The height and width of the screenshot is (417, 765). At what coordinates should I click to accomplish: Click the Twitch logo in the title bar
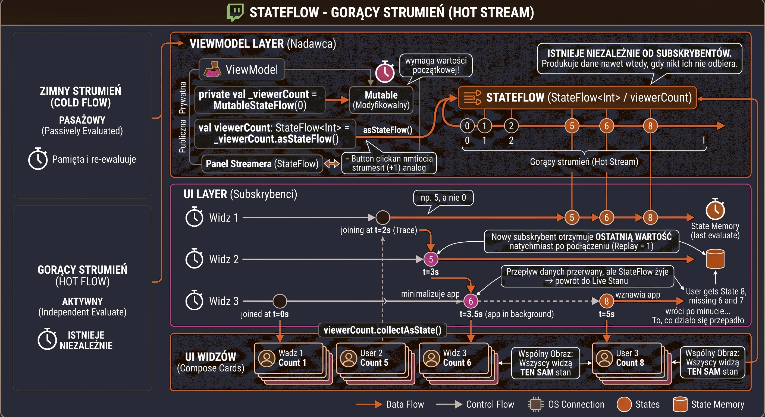[235, 12]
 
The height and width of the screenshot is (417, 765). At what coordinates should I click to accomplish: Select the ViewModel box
[242, 69]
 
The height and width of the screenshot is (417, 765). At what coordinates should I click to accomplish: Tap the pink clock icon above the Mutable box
[385, 72]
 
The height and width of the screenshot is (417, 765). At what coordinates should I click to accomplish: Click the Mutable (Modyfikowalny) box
[381, 100]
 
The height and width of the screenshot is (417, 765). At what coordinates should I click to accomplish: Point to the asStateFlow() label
[388, 130]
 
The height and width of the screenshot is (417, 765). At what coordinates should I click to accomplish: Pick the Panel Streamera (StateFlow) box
[262, 163]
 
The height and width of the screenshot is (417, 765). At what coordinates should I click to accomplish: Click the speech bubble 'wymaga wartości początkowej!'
[436, 65]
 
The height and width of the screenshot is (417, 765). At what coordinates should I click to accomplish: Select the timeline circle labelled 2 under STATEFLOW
[511, 126]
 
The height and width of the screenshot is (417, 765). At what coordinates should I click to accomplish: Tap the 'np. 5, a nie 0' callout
[443, 198]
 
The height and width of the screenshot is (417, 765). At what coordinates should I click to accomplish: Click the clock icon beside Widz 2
[194, 258]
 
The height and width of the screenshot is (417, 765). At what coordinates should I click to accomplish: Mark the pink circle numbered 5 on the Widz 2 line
[431, 259]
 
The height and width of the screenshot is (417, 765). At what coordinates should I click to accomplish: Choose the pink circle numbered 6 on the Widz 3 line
[471, 301]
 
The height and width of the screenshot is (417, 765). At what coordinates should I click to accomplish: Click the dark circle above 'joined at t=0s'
[280, 301]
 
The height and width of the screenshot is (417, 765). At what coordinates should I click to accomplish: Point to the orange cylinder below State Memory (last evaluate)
[715, 259]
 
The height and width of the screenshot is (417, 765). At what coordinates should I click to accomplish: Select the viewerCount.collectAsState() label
[382, 330]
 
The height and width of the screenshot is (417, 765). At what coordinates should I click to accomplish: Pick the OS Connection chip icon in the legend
[535, 404]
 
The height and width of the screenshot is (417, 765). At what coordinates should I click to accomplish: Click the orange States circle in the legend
[624, 404]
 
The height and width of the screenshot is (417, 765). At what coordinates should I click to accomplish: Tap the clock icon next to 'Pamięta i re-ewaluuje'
[38, 159]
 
